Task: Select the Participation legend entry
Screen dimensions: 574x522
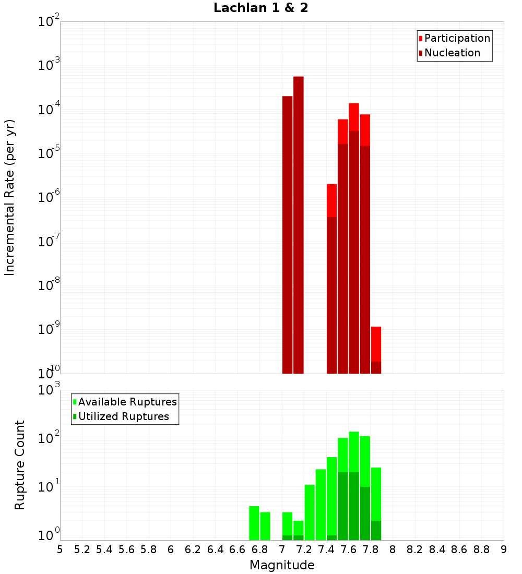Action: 457,38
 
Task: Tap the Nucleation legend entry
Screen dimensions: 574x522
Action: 452,53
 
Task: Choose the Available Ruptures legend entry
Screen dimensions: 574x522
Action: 127,402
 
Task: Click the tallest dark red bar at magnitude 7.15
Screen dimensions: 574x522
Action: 299,224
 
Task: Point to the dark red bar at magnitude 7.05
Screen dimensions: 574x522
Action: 287,235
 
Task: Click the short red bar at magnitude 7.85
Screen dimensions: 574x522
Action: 376,344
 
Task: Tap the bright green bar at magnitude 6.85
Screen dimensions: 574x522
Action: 265,526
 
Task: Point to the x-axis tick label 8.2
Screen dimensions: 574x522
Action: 415,549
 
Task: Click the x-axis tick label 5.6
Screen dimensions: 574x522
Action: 126,549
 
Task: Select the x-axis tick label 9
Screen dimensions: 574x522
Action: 504,549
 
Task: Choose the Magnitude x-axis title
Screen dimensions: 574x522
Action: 282,565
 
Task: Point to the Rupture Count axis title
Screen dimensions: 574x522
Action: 20,465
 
